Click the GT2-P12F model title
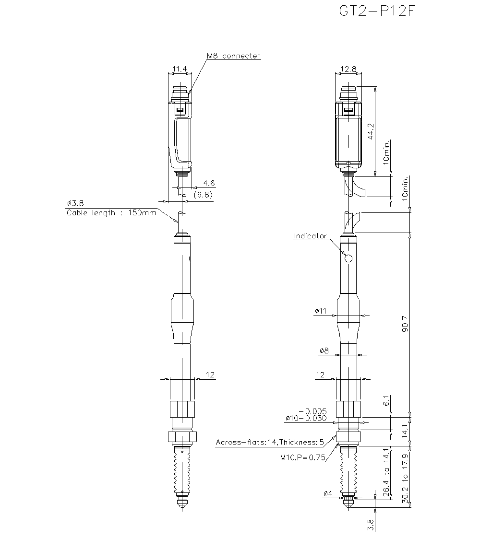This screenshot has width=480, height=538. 377,11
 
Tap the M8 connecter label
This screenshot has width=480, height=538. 233,56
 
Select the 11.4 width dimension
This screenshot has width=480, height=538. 180,69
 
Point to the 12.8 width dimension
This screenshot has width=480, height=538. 348,69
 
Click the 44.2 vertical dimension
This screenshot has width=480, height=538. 371,131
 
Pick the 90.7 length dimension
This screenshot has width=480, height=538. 405,324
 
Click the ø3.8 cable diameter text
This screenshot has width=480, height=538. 75,203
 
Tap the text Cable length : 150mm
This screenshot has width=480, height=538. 111,213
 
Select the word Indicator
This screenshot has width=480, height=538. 310,236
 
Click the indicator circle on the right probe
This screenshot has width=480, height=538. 348,258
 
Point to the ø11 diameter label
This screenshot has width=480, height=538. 320,311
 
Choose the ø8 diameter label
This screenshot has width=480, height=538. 324,351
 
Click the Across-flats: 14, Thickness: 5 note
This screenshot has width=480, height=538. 270,442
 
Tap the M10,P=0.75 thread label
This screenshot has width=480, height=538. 302,457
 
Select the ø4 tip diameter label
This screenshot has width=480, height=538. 328,493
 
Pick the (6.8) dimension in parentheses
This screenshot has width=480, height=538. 203,195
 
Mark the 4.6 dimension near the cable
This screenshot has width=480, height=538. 209,183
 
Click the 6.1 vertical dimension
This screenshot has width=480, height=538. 386,401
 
